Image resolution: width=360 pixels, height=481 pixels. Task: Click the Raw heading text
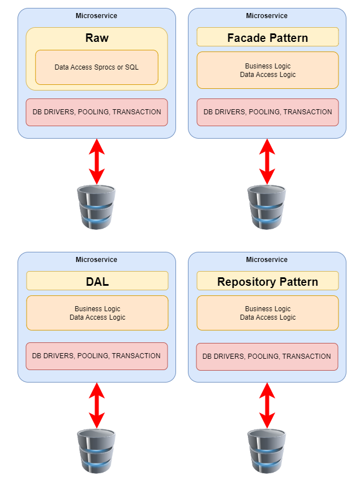[x=97, y=38]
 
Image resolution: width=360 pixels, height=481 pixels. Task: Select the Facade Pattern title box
[x=267, y=37]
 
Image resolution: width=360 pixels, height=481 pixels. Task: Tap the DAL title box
[x=97, y=281]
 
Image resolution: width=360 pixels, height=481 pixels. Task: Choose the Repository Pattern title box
[x=267, y=281]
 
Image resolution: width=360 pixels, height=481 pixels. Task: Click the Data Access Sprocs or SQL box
[x=97, y=67]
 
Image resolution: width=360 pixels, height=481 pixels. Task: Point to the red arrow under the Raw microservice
[x=97, y=161]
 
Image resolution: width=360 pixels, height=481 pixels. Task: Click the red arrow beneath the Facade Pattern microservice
[x=267, y=161]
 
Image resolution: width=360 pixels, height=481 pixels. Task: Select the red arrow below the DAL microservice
[x=97, y=405]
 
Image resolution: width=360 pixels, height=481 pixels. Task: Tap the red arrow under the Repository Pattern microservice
[x=267, y=405]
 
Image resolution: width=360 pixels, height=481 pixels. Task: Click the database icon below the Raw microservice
[x=97, y=207]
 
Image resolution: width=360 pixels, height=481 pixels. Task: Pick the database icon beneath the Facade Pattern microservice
[x=267, y=207]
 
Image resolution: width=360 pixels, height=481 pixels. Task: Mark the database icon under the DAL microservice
[x=97, y=451]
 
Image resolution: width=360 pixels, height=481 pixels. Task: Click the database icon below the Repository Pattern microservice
[x=267, y=451]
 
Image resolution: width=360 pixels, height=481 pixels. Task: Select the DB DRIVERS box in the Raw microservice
[x=97, y=112]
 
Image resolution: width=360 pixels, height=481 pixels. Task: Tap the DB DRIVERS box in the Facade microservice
[x=267, y=112]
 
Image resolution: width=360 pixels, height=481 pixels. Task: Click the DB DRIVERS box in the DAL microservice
[x=97, y=356]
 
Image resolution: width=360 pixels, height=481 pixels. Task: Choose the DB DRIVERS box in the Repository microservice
[x=267, y=357]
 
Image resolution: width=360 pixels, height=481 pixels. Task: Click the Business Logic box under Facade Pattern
[x=267, y=70]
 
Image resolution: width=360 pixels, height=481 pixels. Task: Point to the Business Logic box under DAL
[x=97, y=313]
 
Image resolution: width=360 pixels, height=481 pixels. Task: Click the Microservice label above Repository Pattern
[x=267, y=260]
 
